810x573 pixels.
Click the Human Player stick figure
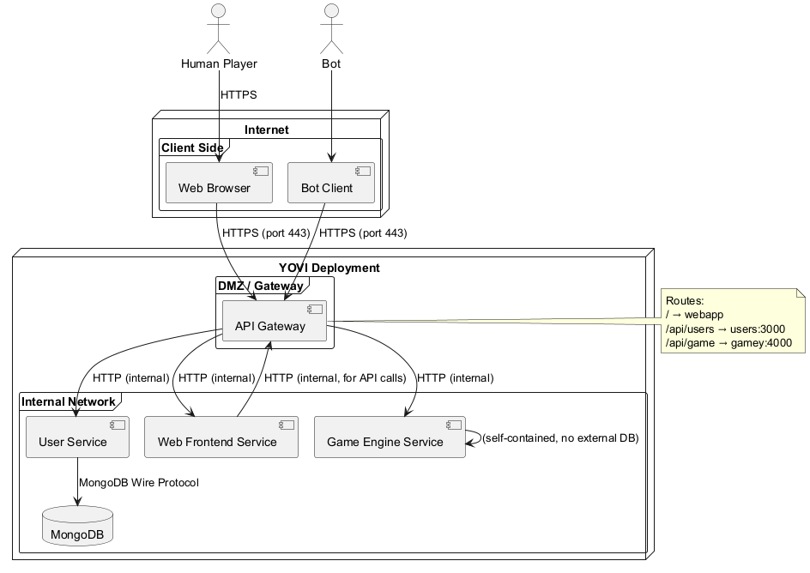pyautogui.click(x=219, y=29)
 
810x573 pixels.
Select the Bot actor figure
pyautogui.click(x=331, y=29)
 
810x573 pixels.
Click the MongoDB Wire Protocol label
pyautogui.click(x=138, y=483)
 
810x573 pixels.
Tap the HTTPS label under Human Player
pyautogui.click(x=239, y=95)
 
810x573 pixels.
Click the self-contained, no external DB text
pyautogui.click(x=560, y=438)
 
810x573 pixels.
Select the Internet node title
pyautogui.click(x=266, y=130)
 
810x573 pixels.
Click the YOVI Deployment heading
pyautogui.click(x=329, y=268)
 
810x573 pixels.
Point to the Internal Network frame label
pyautogui.click(x=68, y=401)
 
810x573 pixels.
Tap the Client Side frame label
pyautogui.click(x=192, y=148)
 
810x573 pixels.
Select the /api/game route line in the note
pyautogui.click(x=728, y=343)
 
